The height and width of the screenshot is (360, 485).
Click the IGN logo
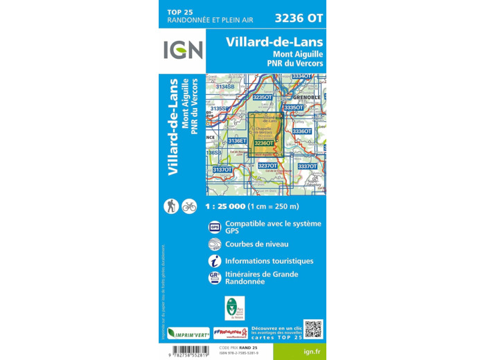tap(183, 51)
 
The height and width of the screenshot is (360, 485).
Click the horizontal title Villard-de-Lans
tap(274, 42)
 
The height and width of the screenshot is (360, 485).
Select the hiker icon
tap(170, 206)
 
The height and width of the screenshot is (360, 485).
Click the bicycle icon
tap(189, 206)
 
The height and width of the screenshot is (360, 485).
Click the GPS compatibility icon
tap(215, 227)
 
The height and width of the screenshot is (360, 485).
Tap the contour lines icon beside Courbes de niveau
tap(215, 244)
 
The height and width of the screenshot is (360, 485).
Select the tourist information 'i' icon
tap(215, 261)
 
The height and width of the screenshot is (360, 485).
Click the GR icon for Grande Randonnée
tap(215, 278)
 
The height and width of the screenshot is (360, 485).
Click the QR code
tap(313, 329)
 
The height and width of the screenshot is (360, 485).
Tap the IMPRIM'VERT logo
tap(188, 333)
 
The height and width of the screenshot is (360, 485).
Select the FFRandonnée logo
tap(231, 333)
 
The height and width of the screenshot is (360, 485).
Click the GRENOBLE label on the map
tap(303, 98)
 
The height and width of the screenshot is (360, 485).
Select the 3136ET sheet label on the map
tap(237, 141)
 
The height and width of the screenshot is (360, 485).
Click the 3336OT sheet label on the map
tap(302, 131)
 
